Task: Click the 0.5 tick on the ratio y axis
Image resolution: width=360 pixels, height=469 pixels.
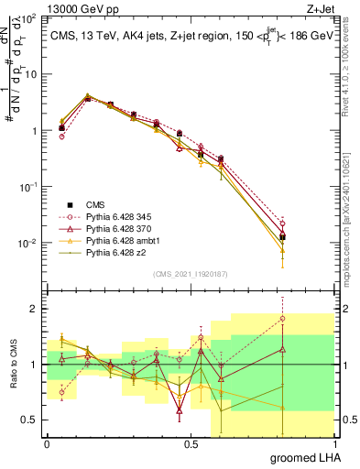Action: [x=30, y=420]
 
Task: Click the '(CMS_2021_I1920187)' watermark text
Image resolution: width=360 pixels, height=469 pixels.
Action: [x=190, y=275]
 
